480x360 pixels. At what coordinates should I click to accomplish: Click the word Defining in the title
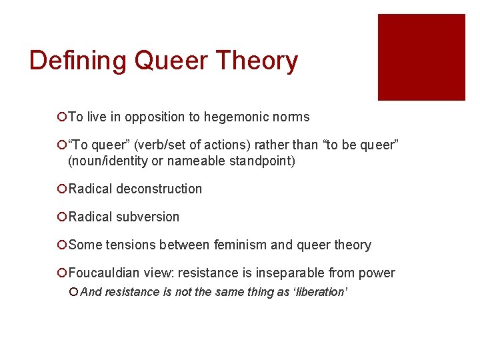[78, 61]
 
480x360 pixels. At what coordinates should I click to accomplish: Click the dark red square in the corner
[421, 57]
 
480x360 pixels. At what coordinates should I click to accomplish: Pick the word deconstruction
[159, 189]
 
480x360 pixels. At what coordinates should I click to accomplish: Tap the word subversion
[147, 217]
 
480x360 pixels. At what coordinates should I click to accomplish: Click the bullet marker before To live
[61, 117]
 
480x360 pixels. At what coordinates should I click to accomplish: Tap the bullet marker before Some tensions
[61, 245]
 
